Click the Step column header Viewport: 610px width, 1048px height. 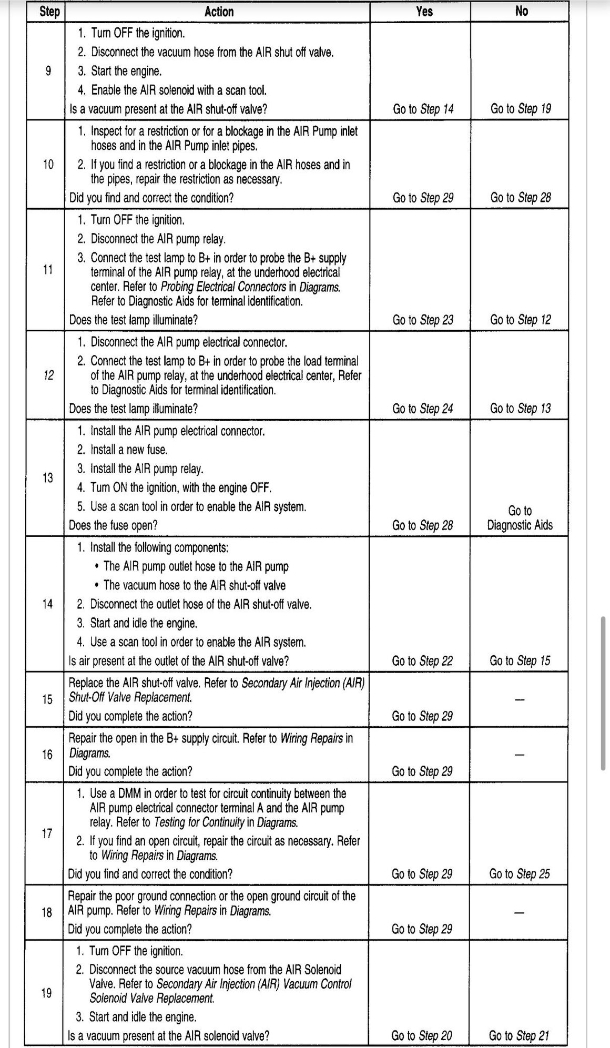point(49,12)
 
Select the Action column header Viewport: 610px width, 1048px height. point(219,12)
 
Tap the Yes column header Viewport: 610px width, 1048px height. point(424,11)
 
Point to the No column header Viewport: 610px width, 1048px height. point(521,11)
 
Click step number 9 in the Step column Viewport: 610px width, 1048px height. point(48,71)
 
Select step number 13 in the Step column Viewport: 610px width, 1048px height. point(48,477)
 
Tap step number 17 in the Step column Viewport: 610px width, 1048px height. point(47,833)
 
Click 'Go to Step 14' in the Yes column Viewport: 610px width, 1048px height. point(423,109)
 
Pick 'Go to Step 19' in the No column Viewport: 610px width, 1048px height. point(521,109)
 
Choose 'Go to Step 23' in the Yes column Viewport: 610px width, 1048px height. point(423,320)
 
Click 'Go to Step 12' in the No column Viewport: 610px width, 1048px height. point(521,320)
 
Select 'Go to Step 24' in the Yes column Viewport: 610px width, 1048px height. point(423,409)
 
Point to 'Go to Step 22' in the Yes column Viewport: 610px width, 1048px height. point(422,661)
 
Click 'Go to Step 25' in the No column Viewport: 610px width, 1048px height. point(520,874)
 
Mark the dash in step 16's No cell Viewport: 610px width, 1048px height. point(520,755)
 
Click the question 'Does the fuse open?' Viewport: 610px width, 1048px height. point(114,525)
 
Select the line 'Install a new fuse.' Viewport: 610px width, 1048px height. point(129,450)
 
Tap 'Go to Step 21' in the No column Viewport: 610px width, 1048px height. point(519,1036)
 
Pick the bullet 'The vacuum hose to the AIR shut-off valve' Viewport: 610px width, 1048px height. point(195,585)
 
